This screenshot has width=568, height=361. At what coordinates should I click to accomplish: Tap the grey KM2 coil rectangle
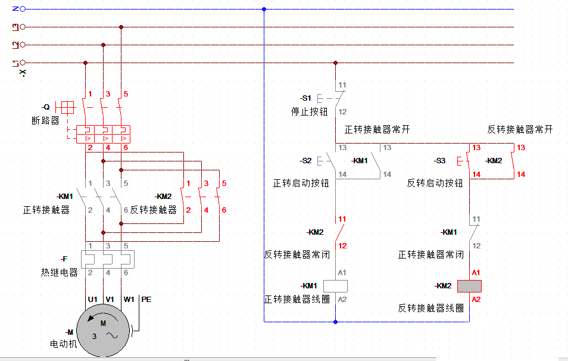[x=469, y=286]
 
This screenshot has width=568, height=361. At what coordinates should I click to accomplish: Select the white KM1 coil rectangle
[x=335, y=285]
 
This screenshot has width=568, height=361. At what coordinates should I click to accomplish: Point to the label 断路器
[x=46, y=120]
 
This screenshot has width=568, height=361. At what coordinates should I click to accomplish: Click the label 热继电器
[x=60, y=272]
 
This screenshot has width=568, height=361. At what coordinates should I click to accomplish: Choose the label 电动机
[x=64, y=344]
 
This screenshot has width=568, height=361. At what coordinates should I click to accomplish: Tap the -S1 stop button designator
[x=305, y=98]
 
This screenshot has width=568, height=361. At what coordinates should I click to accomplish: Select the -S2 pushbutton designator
[x=305, y=161]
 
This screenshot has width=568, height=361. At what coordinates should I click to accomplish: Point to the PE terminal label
[x=146, y=300]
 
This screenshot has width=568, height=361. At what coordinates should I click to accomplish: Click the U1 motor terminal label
[x=92, y=300]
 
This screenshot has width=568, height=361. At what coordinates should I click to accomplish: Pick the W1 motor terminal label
[x=129, y=300]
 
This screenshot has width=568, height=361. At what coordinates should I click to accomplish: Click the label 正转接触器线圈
[x=297, y=299]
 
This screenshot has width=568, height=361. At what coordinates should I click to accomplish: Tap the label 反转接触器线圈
[x=431, y=308]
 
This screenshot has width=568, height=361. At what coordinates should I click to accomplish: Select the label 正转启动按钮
[x=301, y=183]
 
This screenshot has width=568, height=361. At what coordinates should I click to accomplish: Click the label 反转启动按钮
[x=435, y=183]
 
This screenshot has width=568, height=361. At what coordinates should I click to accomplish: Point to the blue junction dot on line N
[x=264, y=9]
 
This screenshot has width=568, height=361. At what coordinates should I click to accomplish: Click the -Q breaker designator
[x=45, y=107]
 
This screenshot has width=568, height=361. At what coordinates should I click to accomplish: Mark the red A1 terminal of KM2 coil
[x=476, y=272]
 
